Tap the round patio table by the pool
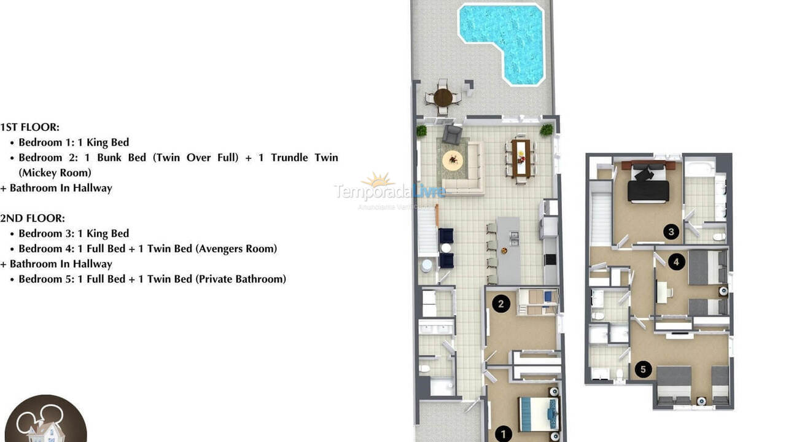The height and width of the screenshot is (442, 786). (443, 97)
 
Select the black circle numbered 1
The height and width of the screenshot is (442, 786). (503, 434)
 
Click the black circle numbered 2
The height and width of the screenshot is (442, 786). (501, 303)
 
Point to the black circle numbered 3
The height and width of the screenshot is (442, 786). (671, 232)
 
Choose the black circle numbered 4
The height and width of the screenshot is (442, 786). (676, 262)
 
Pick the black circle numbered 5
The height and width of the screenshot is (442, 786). (643, 369)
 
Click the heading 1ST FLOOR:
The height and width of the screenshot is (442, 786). (30, 127)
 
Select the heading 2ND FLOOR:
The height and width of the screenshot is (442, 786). (33, 218)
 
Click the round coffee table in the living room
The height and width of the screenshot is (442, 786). (453, 160)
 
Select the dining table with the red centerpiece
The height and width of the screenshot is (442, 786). (521, 158)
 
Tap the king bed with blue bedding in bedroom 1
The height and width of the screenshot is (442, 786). (539, 414)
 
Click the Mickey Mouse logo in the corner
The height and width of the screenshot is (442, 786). (43, 421)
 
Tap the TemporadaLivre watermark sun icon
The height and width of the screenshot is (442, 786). (377, 180)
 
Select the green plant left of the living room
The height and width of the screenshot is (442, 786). (421, 130)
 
